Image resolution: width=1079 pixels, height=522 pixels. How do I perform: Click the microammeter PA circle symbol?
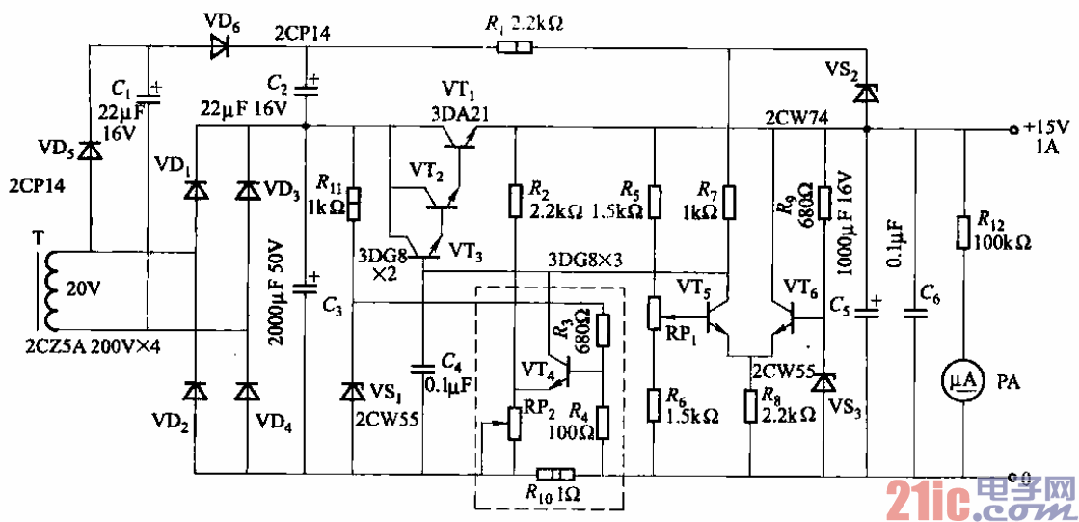point(965,381)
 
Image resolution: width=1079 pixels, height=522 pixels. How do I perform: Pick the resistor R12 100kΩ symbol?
point(964,234)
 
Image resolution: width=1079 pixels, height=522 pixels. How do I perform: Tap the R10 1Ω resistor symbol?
point(554,475)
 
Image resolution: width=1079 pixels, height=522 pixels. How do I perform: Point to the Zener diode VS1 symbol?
point(354,392)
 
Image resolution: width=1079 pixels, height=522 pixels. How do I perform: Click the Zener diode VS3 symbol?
point(822,383)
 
